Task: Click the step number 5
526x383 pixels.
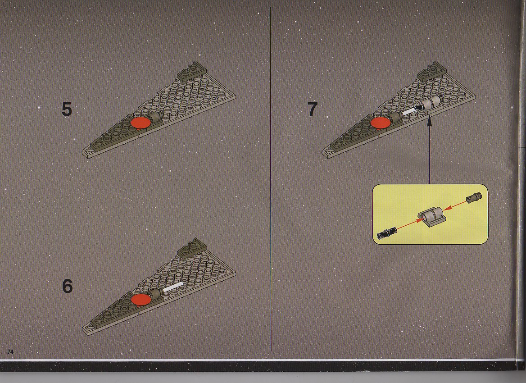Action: click(67, 109)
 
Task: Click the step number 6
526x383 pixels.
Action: click(68, 286)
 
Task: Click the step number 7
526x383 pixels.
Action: click(313, 109)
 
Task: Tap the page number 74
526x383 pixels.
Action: click(10, 351)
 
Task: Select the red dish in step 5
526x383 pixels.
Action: click(141, 123)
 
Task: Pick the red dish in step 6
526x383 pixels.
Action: click(141, 300)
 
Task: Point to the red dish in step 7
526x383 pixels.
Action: click(381, 123)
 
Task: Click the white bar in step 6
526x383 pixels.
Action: click(173, 287)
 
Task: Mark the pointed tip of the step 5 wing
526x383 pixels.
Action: click(83, 154)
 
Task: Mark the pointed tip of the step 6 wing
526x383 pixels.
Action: click(83, 330)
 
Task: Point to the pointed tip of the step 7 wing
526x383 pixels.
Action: click(323, 153)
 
